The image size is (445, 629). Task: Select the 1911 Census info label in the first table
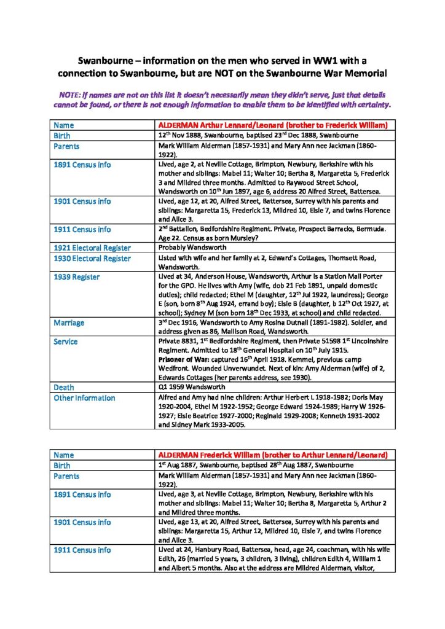(82, 230)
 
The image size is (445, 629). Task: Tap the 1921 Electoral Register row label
(92, 248)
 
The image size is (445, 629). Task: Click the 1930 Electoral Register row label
(92, 259)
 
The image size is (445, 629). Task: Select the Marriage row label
(69, 323)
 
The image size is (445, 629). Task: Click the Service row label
(66, 342)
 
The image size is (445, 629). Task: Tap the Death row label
(64, 388)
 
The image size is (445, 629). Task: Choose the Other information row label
(84, 398)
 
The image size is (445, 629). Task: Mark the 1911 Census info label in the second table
(82, 550)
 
